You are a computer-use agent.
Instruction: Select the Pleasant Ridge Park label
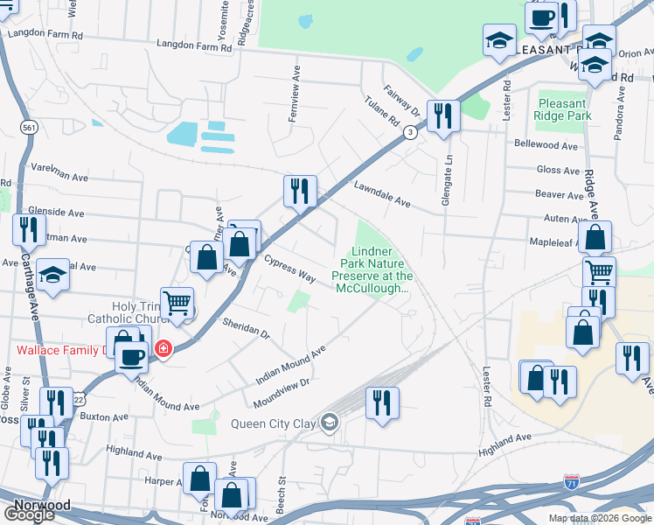click(x=564, y=108)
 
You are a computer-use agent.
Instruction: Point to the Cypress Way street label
click(x=289, y=268)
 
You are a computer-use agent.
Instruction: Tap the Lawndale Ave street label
click(x=382, y=194)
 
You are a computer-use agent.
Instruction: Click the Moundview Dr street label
click(x=282, y=392)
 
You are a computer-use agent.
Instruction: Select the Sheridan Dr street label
click(x=247, y=329)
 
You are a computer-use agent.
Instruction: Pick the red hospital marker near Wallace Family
click(x=163, y=349)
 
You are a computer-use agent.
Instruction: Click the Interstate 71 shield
click(x=569, y=482)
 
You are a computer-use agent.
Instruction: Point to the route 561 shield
click(x=30, y=128)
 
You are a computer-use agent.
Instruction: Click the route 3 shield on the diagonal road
click(x=409, y=132)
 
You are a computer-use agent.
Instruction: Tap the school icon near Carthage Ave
click(x=52, y=275)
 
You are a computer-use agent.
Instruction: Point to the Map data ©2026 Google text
click(x=601, y=518)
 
